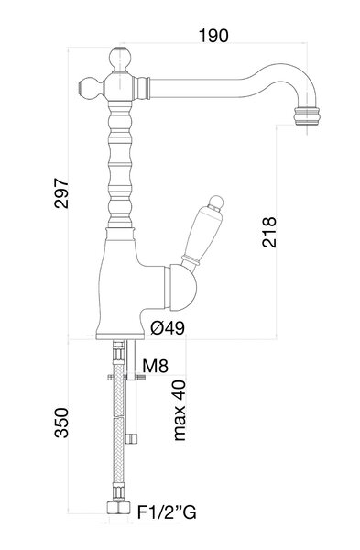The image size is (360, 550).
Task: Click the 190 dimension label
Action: coord(213,36)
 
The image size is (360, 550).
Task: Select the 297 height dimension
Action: coord(61,193)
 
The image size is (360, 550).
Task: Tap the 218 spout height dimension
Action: coord(269,232)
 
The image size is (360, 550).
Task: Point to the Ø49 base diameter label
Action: coord(168,328)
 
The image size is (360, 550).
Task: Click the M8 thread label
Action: coord(156,366)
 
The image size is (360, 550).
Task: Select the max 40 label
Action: coord(180,410)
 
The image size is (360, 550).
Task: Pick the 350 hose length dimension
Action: coord(61,423)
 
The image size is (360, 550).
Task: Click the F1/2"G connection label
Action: coord(167,512)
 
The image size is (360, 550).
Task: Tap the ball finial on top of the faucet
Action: coord(120,58)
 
